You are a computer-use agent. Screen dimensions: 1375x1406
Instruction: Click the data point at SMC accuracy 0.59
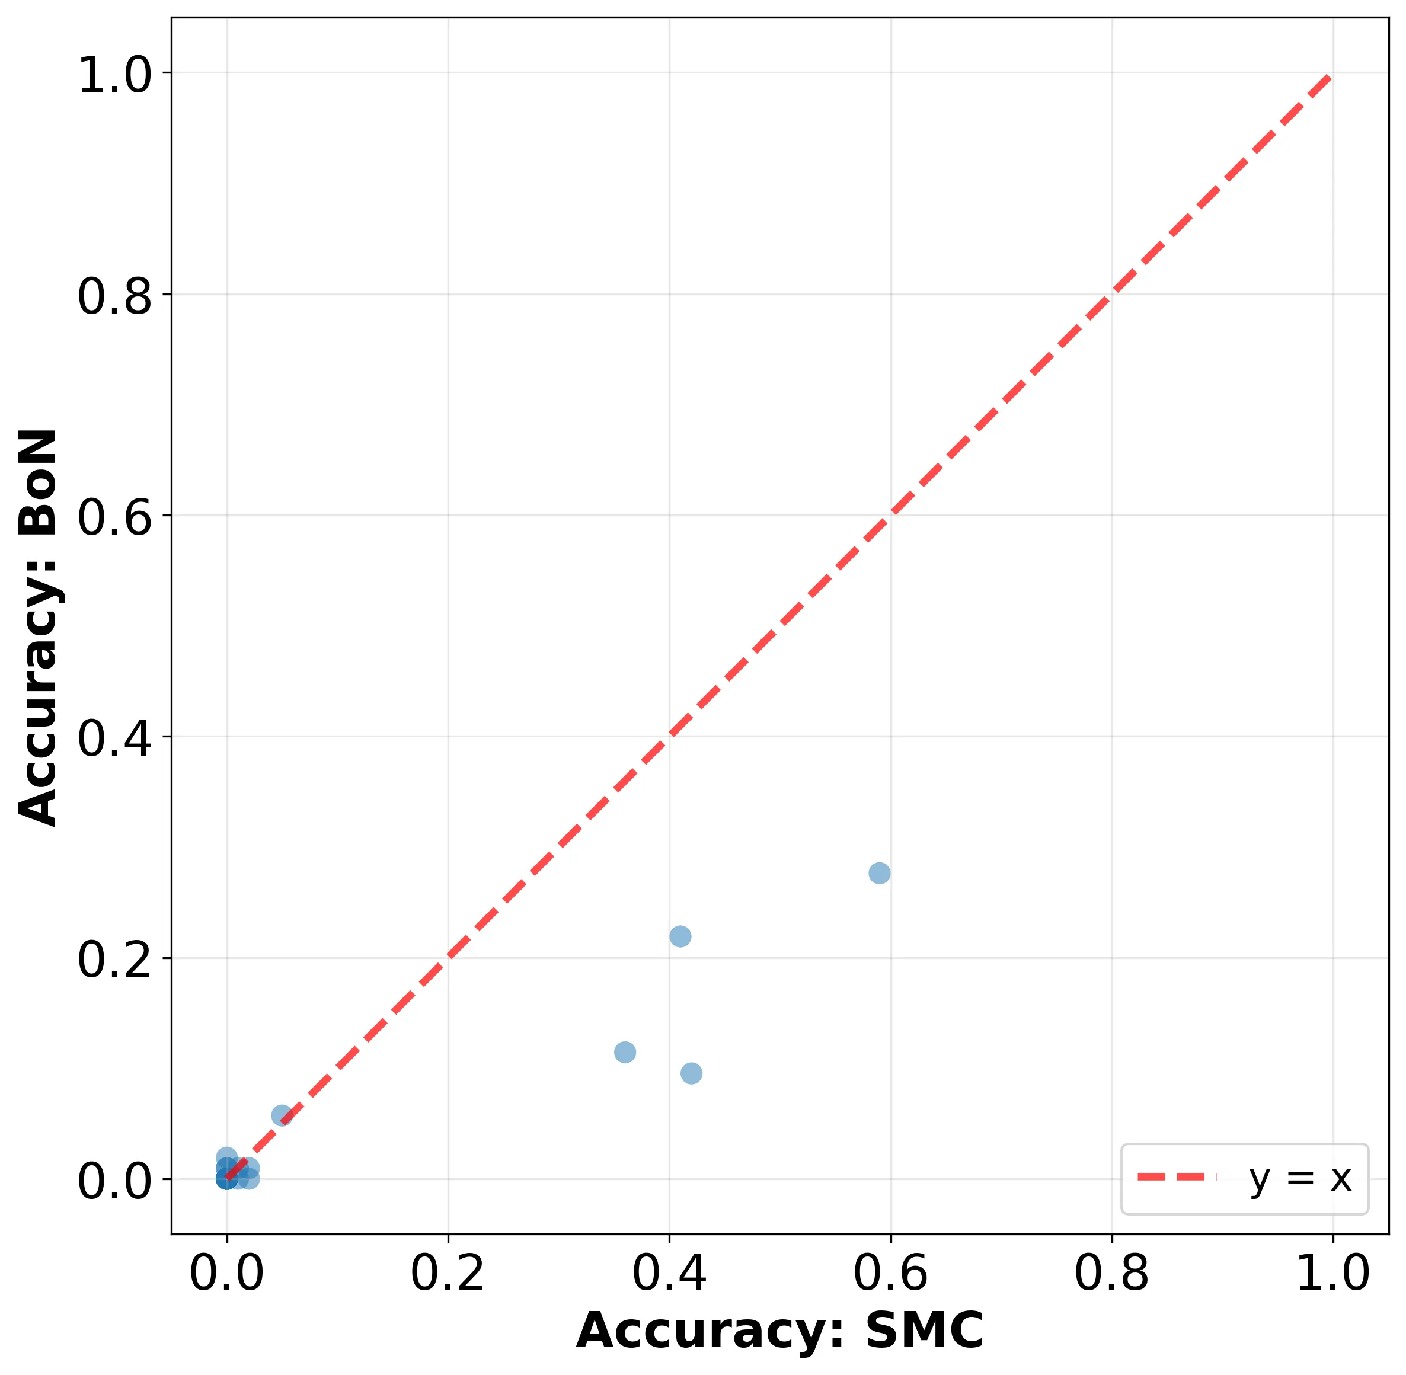879,873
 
